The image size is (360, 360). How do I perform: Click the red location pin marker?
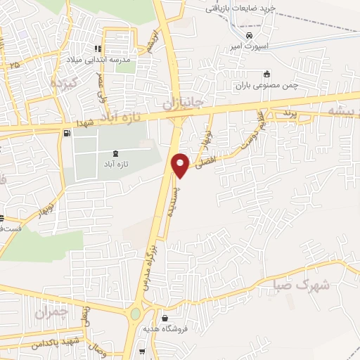(x=181, y=164)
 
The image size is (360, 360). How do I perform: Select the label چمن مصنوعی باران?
(x=266, y=84)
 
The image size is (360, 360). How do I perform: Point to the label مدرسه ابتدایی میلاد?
(x=98, y=60)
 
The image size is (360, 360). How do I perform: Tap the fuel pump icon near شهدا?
(x=67, y=132)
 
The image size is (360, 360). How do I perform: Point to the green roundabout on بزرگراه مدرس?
(x=135, y=315)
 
